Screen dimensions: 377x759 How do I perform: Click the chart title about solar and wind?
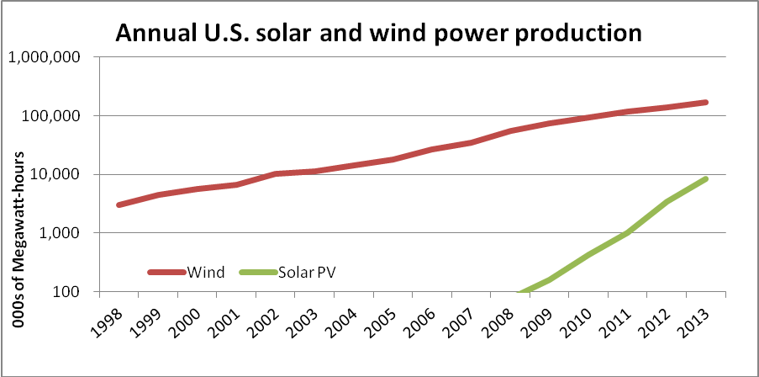point(378,33)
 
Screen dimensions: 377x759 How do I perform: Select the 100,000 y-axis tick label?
point(52,116)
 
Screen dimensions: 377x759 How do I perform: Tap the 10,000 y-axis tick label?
point(56,175)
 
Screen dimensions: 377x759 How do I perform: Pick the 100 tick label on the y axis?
point(66,292)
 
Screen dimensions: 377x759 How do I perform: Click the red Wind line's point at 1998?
point(119,204)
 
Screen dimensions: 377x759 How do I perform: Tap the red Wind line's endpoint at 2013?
point(706,103)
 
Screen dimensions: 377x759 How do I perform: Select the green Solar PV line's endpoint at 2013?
point(706,178)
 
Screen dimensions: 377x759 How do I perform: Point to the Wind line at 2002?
point(276,173)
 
